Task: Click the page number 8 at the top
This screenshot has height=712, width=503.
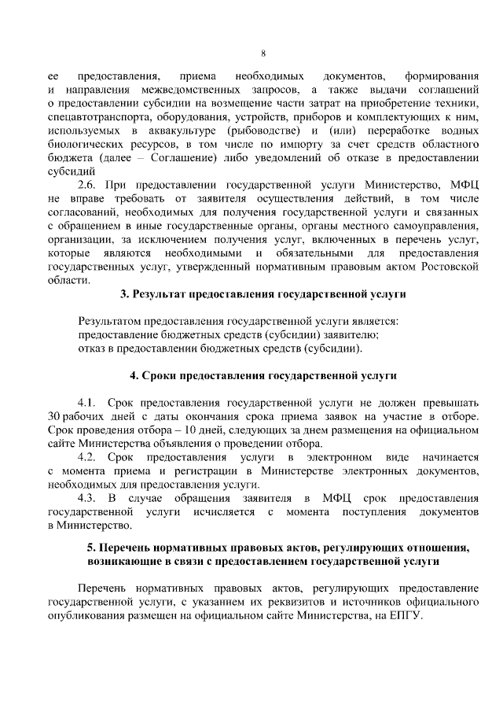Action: coord(263,53)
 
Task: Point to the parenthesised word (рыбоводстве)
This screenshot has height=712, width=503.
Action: coord(264,131)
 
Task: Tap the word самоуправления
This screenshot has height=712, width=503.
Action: coord(435,225)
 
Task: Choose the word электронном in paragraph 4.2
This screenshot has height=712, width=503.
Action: coord(341,457)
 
